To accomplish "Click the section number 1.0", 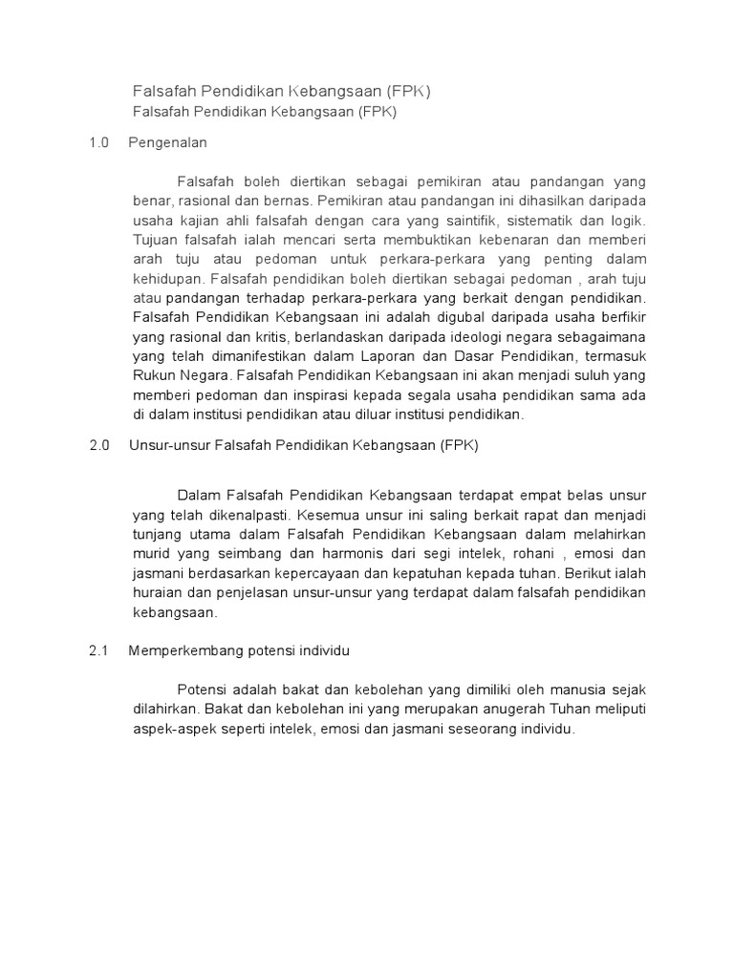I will point(98,142).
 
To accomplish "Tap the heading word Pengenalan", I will point(167,142).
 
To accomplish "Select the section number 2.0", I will point(99,445).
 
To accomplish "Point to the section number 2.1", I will point(99,650).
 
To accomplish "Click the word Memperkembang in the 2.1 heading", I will point(179,650).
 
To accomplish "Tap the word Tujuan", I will point(155,239).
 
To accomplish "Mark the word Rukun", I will point(153,375).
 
